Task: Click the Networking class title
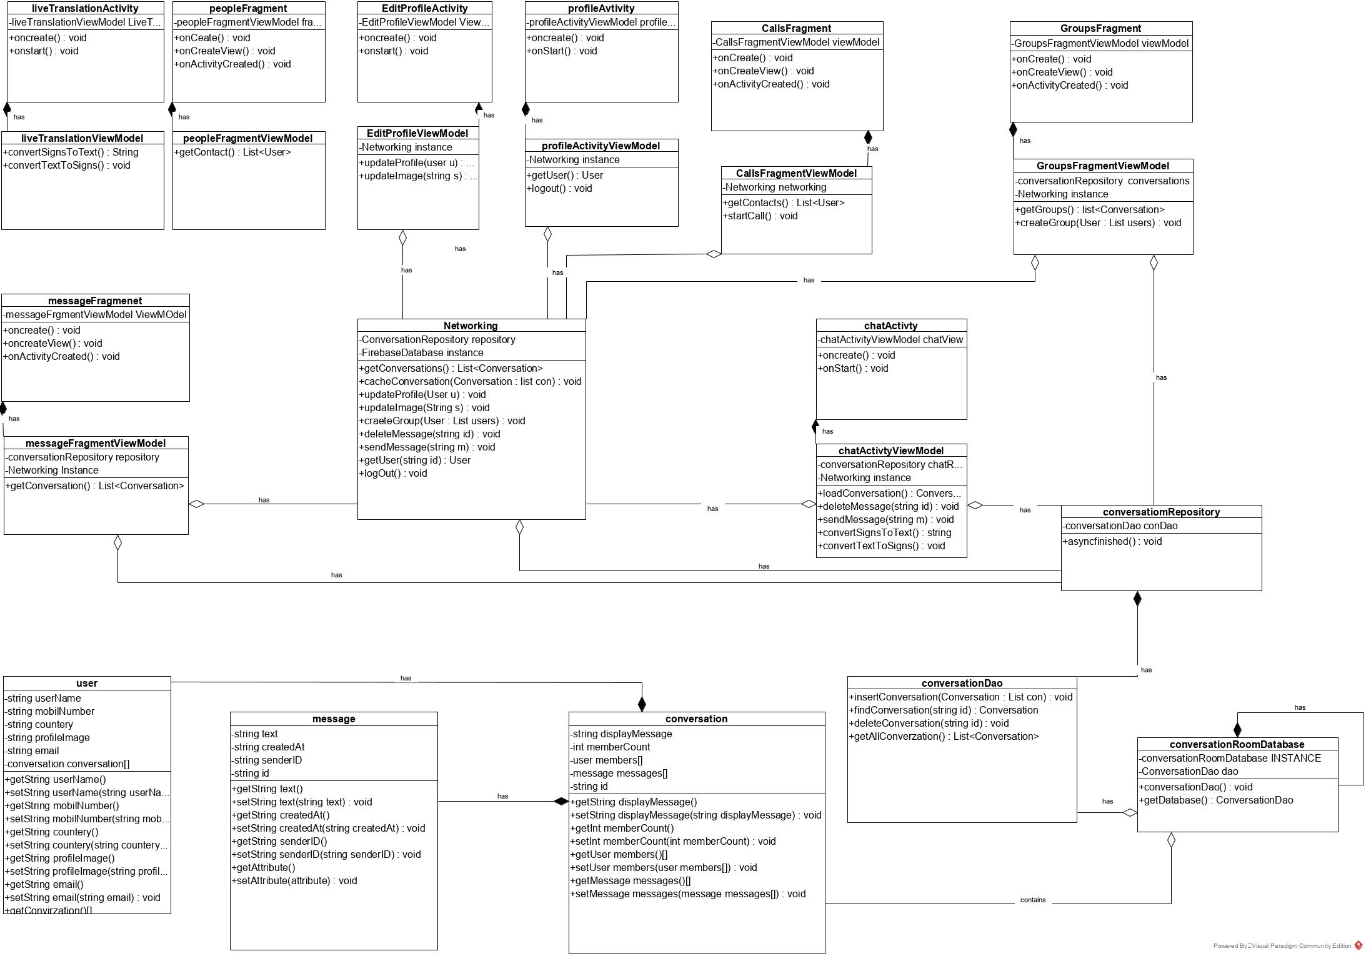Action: (x=471, y=326)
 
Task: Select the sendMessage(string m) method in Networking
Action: (x=427, y=447)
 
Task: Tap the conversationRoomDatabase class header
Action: (x=1237, y=744)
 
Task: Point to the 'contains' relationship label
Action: (x=1032, y=900)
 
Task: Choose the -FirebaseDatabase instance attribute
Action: (x=421, y=352)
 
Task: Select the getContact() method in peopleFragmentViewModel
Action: (x=232, y=152)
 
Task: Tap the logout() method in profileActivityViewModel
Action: (x=559, y=188)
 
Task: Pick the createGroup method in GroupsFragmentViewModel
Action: (x=1098, y=222)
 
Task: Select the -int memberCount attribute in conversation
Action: (x=610, y=747)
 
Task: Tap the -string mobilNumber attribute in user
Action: (x=50, y=711)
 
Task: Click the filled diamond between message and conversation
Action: (x=561, y=802)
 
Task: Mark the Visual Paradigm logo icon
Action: (x=1358, y=945)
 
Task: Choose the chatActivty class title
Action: (x=890, y=326)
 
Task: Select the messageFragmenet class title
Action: (x=95, y=301)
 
